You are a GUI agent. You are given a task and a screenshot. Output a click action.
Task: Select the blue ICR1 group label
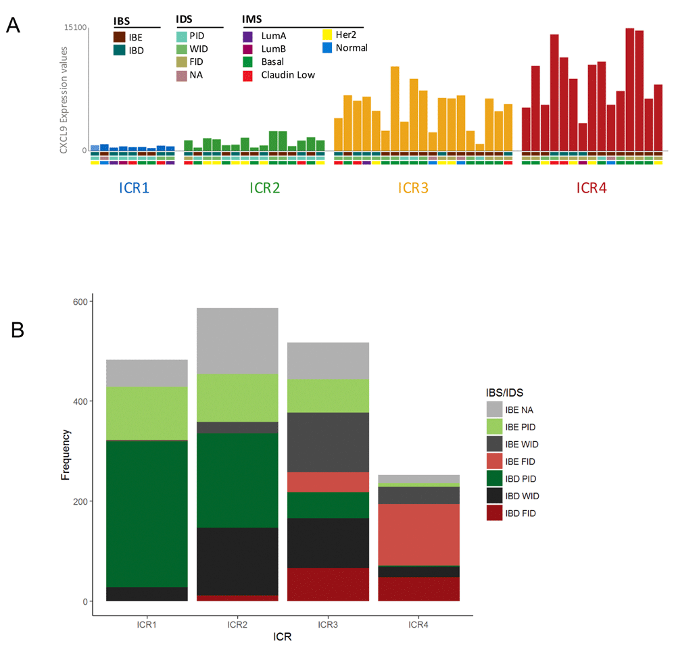point(134,187)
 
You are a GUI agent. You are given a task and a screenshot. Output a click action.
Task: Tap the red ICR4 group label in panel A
point(591,187)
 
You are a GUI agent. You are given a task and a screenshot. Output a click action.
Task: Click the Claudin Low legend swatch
point(248,75)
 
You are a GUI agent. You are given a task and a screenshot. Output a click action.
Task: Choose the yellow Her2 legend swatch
point(327,35)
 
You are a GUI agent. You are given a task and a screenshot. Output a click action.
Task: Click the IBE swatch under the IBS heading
point(119,38)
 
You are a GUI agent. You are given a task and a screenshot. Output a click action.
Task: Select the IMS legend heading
point(253,20)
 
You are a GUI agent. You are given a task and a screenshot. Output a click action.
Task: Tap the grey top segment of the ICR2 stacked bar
point(237,341)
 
